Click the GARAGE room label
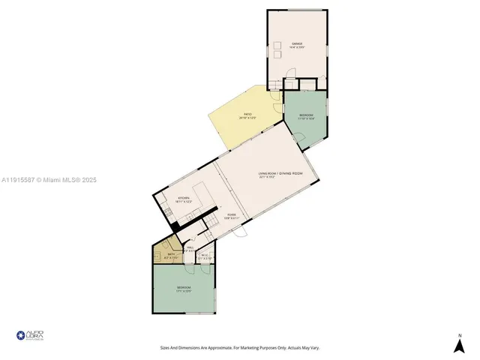click(x=298, y=45)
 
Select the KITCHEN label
click(x=183, y=199)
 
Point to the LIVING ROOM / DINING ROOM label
click(x=280, y=175)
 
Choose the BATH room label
click(x=171, y=255)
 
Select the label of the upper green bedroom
click(x=306, y=115)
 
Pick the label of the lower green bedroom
click(x=184, y=289)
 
